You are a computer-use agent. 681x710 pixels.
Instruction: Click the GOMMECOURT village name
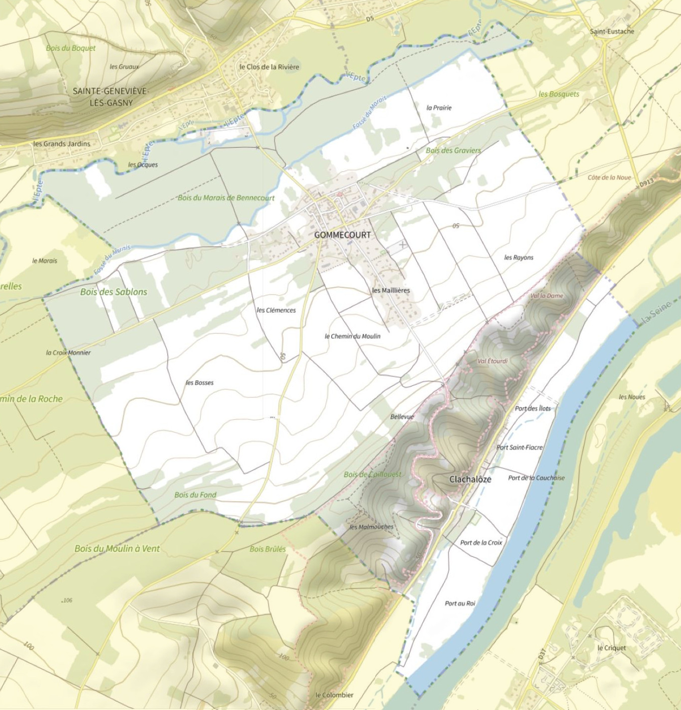click(x=342, y=235)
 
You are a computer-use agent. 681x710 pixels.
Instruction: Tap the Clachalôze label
click(x=470, y=479)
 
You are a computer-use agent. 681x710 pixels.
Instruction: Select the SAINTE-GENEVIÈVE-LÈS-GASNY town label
click(x=110, y=97)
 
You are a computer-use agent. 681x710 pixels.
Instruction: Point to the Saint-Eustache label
click(x=612, y=31)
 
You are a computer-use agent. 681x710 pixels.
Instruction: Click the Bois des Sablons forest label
click(x=113, y=292)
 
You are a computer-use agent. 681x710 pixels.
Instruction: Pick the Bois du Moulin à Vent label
click(x=117, y=548)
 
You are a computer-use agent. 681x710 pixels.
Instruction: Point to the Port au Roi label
click(x=460, y=603)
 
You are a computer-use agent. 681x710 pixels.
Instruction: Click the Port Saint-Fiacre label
click(x=519, y=447)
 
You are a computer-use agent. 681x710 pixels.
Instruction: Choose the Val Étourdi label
click(x=492, y=361)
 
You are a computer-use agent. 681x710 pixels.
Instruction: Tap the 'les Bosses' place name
click(x=199, y=382)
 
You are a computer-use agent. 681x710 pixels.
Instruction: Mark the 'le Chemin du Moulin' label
click(x=352, y=336)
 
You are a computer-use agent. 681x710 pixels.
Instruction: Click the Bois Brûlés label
click(x=268, y=549)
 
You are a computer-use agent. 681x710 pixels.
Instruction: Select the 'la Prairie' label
click(x=439, y=107)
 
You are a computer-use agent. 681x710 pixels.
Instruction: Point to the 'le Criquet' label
click(x=611, y=648)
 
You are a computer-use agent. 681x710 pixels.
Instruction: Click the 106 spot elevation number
click(x=67, y=600)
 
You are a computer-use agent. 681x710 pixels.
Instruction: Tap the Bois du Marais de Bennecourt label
click(x=226, y=197)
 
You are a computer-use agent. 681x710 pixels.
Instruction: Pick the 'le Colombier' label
click(x=334, y=695)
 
